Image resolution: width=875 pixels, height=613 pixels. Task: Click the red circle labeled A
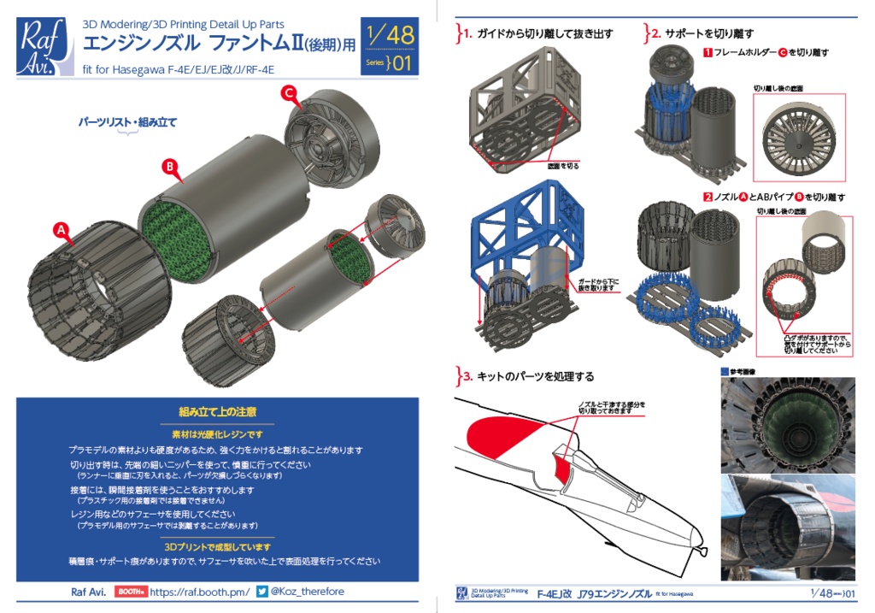coord(61,229)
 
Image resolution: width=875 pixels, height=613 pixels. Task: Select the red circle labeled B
coord(170,166)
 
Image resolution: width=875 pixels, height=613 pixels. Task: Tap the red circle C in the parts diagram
coord(290,92)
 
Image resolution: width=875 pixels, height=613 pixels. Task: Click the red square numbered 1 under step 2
coord(708,53)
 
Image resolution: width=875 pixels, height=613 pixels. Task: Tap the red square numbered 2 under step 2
coord(708,197)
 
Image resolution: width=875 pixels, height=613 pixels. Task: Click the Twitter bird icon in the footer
coord(262,591)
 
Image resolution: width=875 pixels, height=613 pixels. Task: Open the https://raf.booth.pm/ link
coord(200,591)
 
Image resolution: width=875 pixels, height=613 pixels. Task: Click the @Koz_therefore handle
coord(308,591)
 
